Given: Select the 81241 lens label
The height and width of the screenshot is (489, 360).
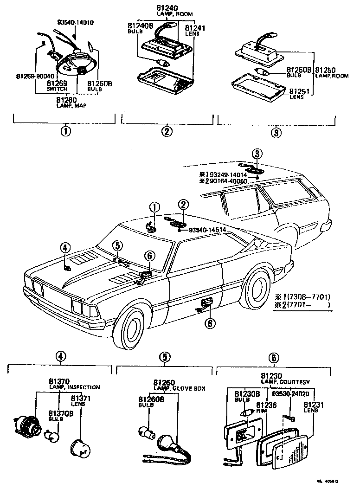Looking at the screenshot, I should click(x=192, y=28).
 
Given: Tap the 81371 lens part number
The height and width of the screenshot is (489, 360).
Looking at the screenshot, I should click(x=81, y=399).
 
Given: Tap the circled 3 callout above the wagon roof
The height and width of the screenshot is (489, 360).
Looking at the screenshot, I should click(x=257, y=153).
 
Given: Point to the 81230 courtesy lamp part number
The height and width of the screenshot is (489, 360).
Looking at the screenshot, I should click(x=271, y=376).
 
